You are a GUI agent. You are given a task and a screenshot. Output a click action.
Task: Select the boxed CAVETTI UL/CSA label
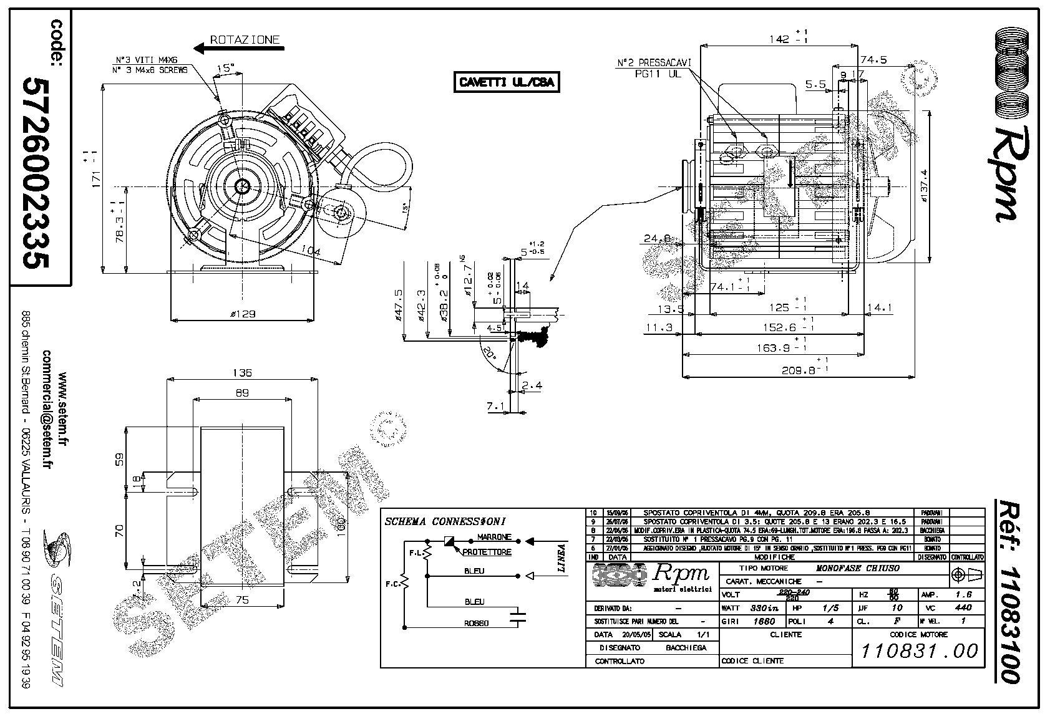tap(506, 82)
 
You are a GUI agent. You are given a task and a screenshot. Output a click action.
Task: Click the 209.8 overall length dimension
tap(800, 370)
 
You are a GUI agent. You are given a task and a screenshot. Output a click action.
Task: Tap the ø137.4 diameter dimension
tap(924, 186)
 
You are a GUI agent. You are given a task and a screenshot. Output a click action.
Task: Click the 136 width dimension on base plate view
tap(241, 372)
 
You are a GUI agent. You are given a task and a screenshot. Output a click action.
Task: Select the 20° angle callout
tap(490, 355)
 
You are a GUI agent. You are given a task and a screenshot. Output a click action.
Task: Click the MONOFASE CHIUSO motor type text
tap(858, 569)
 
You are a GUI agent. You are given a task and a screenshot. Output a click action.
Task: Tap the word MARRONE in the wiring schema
tap(494, 537)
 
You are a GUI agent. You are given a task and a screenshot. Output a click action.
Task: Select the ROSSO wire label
tap(476, 623)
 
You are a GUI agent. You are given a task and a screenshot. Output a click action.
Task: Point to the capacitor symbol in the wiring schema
tap(517, 618)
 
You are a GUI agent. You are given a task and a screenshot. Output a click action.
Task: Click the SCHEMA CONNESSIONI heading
tap(445, 521)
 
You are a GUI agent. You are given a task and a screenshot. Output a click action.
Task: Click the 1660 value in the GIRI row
tap(764, 621)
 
